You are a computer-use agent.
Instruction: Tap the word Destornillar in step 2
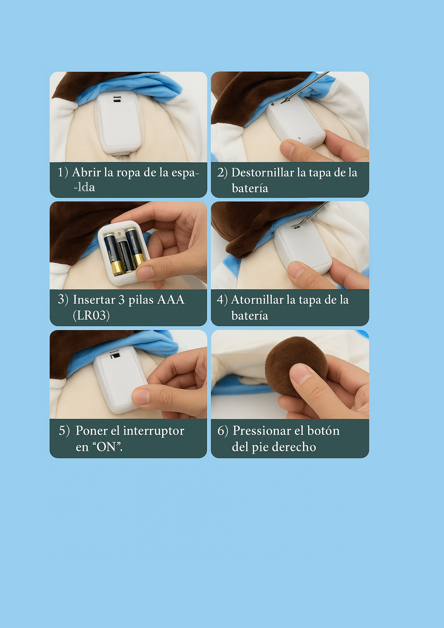tap(262, 173)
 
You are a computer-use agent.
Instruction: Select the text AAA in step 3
tap(171, 300)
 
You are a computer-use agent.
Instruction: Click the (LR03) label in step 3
tap(91, 316)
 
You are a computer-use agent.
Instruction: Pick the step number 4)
tap(222, 300)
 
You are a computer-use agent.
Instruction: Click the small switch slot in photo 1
tap(117, 99)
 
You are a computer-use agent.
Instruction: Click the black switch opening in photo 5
tap(115, 356)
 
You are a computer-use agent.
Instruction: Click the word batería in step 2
tap(250, 188)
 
